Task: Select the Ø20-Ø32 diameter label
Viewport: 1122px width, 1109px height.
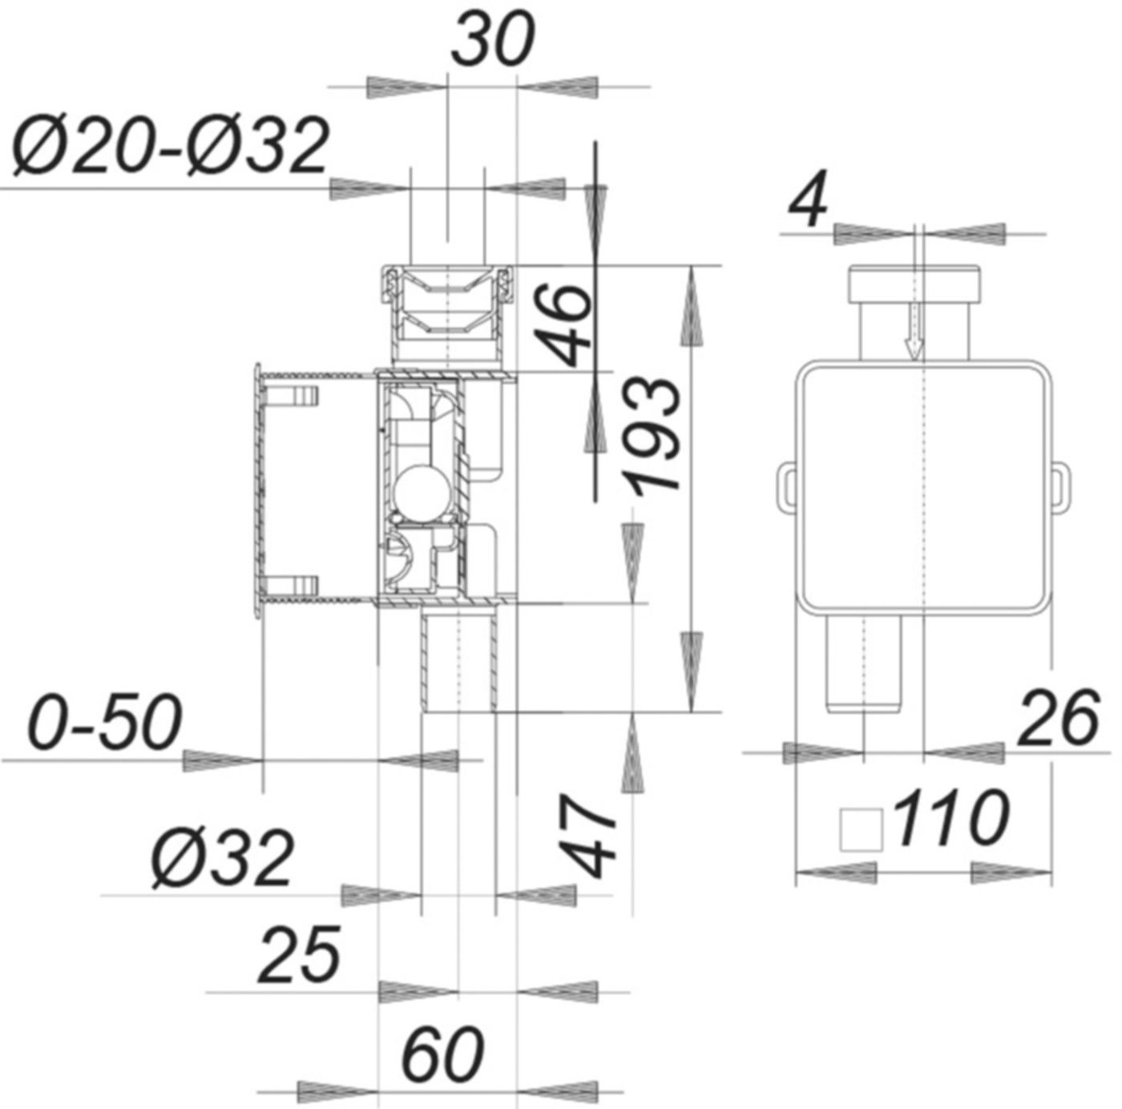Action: click(x=170, y=147)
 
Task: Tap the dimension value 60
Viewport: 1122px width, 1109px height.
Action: click(x=442, y=1053)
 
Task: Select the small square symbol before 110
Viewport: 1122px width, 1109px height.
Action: click(x=860, y=829)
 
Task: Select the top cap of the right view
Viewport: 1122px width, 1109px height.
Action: click(x=914, y=284)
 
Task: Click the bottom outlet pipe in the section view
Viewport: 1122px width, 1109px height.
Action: click(x=458, y=661)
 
